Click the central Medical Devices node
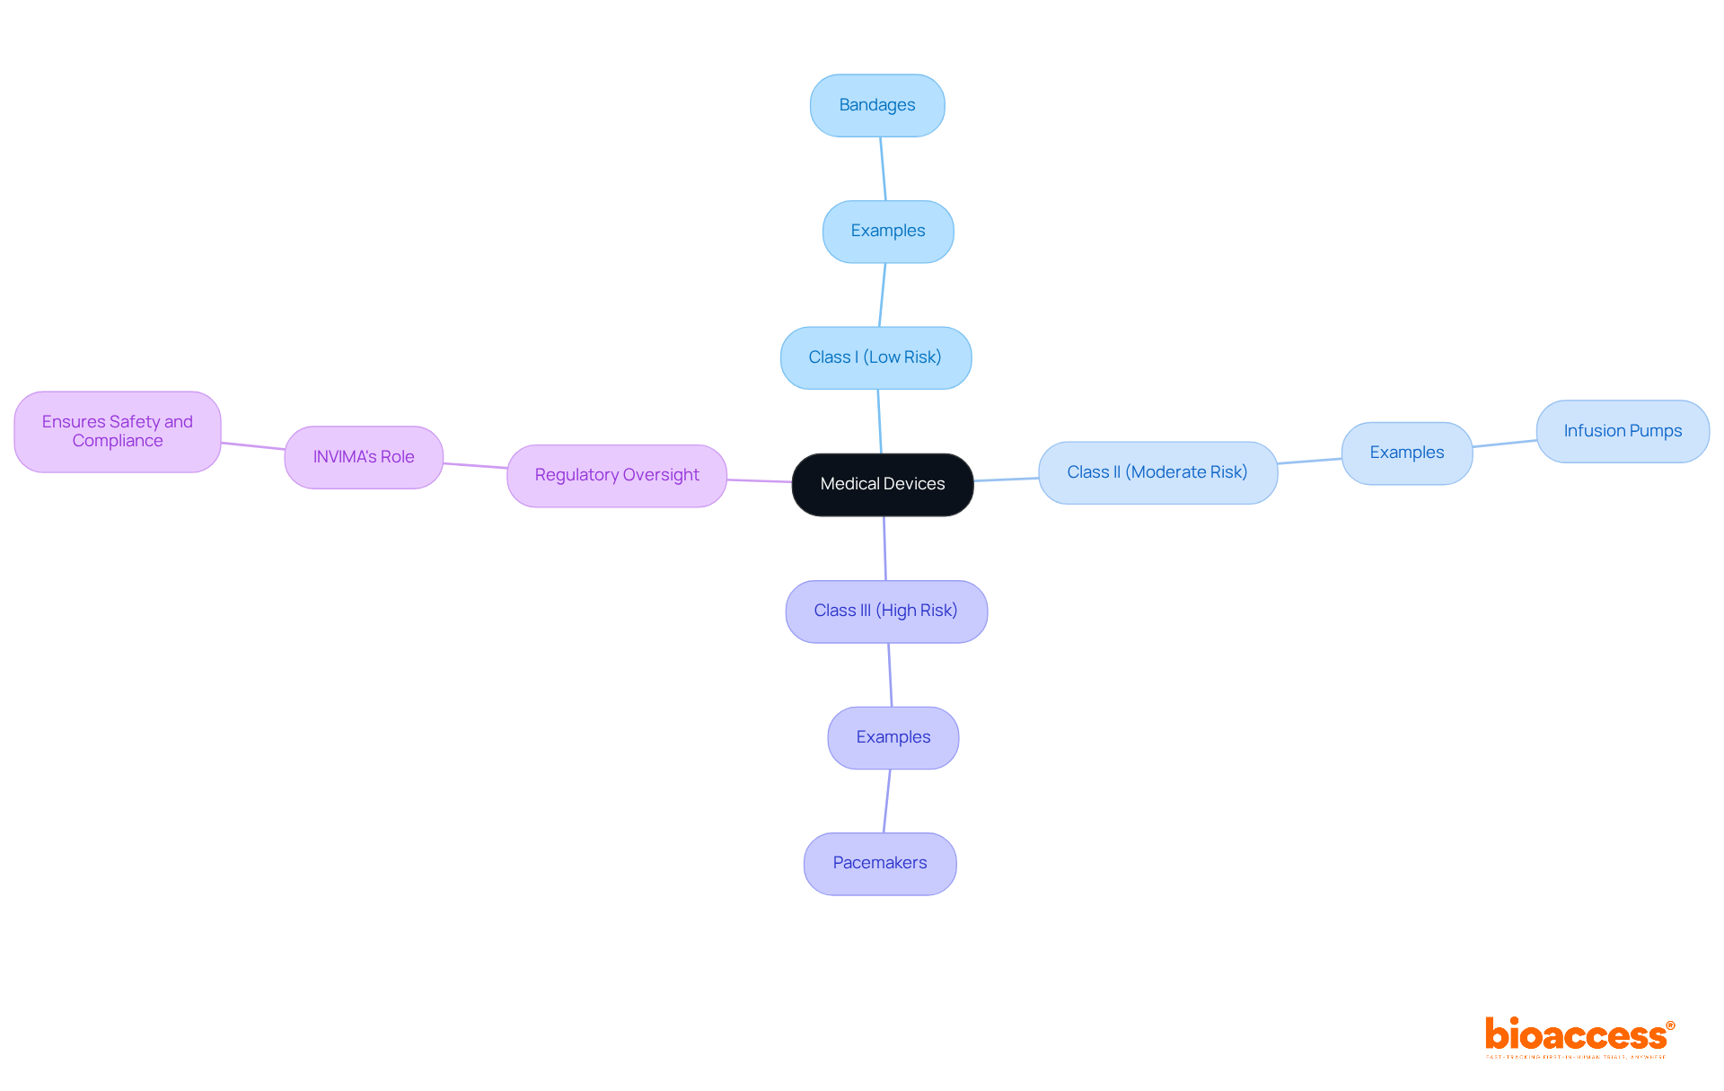coord(883,484)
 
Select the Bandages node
coord(877,105)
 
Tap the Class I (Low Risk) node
coord(875,357)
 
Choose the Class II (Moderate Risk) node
coord(1157,472)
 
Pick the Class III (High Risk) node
coord(886,611)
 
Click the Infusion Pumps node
coord(1623,431)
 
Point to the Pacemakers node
coord(880,863)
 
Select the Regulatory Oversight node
coord(617,475)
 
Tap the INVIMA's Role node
coord(364,457)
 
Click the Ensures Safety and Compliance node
coord(118,431)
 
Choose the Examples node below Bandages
coord(888,231)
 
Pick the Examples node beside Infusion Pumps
coord(1407,453)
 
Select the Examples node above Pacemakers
coord(893,737)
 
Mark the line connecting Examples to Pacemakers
coord(887,801)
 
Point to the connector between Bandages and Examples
coord(884,169)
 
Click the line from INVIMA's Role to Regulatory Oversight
coord(475,465)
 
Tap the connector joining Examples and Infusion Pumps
coord(1505,444)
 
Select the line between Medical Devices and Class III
coord(885,548)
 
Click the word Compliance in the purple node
coord(118,441)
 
